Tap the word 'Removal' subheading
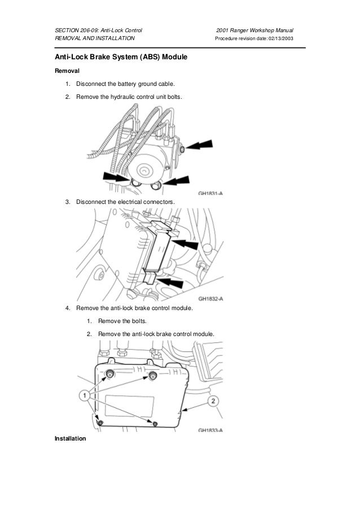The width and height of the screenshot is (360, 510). point(67,72)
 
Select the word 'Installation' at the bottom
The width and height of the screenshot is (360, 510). point(70,438)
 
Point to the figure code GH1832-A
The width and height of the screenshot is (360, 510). point(210,299)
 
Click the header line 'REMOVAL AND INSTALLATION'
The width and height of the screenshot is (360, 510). point(94,39)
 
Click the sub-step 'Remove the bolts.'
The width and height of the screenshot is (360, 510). point(122,321)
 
